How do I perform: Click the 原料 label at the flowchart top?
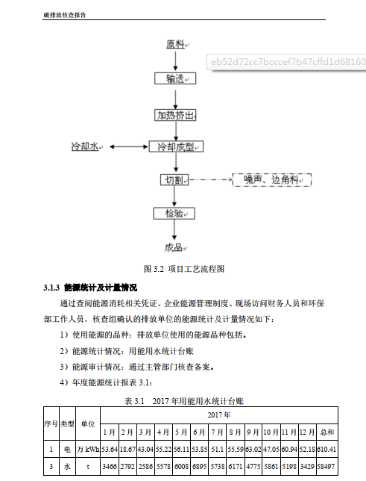[x=175, y=45]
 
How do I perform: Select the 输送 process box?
[x=175, y=78]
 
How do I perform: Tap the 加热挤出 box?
[x=175, y=115]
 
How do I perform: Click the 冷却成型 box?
[x=176, y=146]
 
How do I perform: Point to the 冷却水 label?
[x=85, y=146]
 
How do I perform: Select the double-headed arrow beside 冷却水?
[x=129, y=146]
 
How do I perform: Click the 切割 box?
[x=174, y=180]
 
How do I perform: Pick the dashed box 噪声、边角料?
[x=272, y=180]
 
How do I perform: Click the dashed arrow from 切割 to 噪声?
[x=210, y=180]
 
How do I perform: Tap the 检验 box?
[x=174, y=214]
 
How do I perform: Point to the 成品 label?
[x=174, y=247]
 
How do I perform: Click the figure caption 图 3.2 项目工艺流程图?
[x=184, y=269]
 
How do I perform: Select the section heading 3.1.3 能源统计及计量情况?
[x=90, y=288]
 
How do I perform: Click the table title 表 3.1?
[x=134, y=401]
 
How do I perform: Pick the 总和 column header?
[x=326, y=432]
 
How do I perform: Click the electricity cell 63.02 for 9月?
[x=253, y=450]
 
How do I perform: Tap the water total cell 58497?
[x=326, y=467]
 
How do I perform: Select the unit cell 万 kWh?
[x=88, y=450]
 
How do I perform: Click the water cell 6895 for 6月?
[x=199, y=467]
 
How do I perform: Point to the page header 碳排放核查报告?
[x=65, y=15]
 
